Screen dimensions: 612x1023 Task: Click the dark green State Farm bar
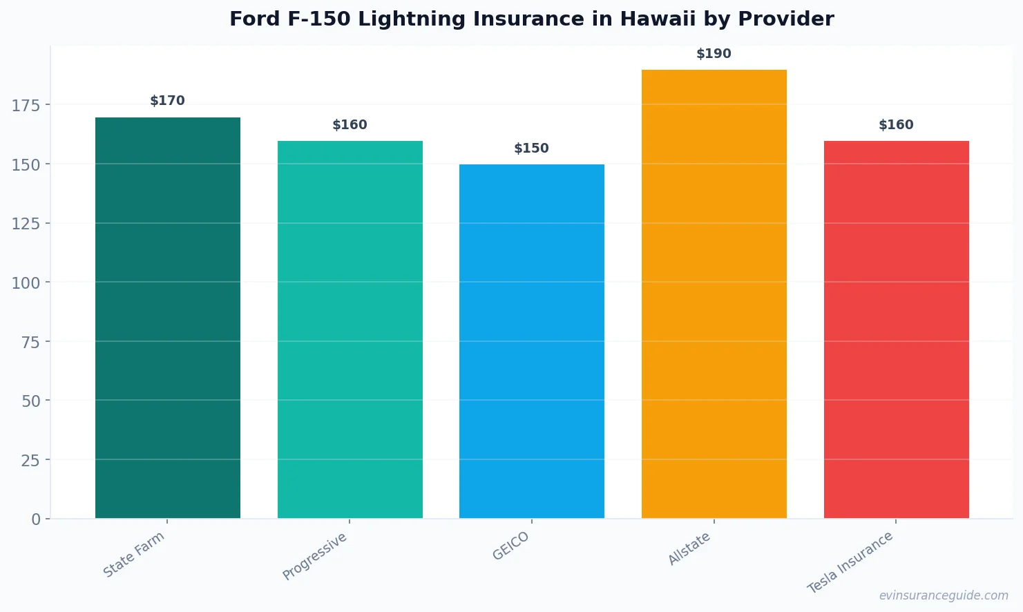(168, 318)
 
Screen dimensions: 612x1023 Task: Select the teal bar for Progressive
(350, 329)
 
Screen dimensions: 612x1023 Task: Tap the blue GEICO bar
(531, 341)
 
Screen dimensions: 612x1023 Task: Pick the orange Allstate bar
(714, 294)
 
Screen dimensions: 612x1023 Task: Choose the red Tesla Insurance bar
(896, 329)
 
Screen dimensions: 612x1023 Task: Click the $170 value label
(168, 101)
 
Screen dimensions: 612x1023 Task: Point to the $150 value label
(531, 149)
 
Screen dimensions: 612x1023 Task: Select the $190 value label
(714, 54)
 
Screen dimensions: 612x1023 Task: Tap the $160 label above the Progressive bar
(350, 125)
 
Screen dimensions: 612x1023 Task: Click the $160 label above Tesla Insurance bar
(896, 125)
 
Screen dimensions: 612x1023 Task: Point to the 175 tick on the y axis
(26, 105)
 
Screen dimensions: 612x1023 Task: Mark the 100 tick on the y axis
(26, 283)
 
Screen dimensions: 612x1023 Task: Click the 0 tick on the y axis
(36, 519)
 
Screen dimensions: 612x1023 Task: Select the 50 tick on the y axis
(31, 401)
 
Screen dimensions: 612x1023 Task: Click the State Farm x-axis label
(134, 555)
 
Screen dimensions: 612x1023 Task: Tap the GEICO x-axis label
(511, 546)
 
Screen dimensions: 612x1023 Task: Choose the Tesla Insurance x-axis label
(850, 563)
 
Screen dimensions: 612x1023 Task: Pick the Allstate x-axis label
(689, 549)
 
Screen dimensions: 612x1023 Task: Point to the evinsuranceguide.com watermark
(943, 595)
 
